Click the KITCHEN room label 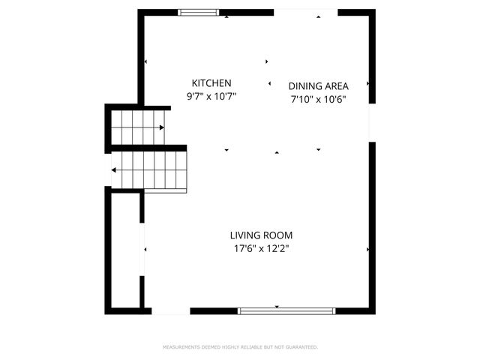(x=211, y=83)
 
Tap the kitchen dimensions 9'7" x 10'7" (x=211, y=96)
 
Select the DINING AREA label (x=318, y=85)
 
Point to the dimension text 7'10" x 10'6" (x=318, y=98)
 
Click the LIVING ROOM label (x=261, y=235)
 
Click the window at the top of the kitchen (x=199, y=12)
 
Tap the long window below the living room (x=286, y=310)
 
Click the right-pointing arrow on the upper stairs (x=160, y=128)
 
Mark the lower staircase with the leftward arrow (x=150, y=169)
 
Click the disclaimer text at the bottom (x=240, y=347)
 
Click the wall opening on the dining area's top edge (x=305, y=12)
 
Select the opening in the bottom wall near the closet (x=171, y=310)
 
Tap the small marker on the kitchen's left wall (x=146, y=62)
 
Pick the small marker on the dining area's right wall (x=367, y=85)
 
